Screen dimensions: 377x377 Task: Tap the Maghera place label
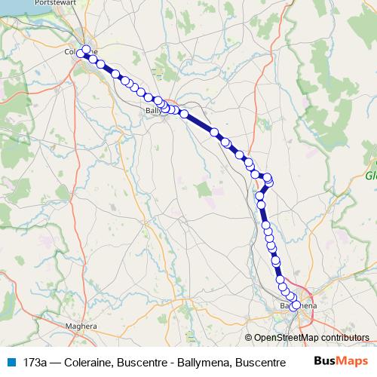(x=82, y=326)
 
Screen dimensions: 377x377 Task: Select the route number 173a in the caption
(x=35, y=362)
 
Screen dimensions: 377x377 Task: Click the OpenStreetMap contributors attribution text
(x=311, y=339)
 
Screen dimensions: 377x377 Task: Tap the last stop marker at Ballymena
(x=296, y=305)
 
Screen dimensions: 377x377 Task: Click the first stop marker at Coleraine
(x=86, y=50)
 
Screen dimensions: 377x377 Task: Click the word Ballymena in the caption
(x=201, y=362)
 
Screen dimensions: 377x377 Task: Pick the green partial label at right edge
(x=370, y=175)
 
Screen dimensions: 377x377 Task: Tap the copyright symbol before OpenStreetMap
(x=249, y=339)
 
